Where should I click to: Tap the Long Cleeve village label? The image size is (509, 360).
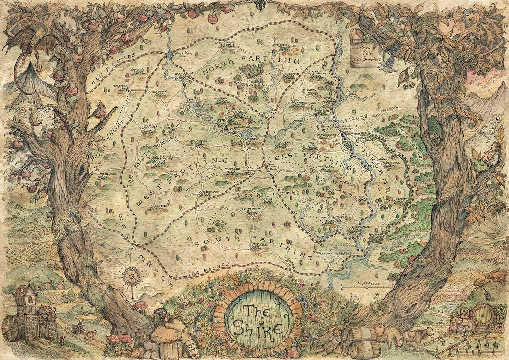click(x=224, y=42)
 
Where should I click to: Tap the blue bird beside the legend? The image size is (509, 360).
click(x=388, y=67)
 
